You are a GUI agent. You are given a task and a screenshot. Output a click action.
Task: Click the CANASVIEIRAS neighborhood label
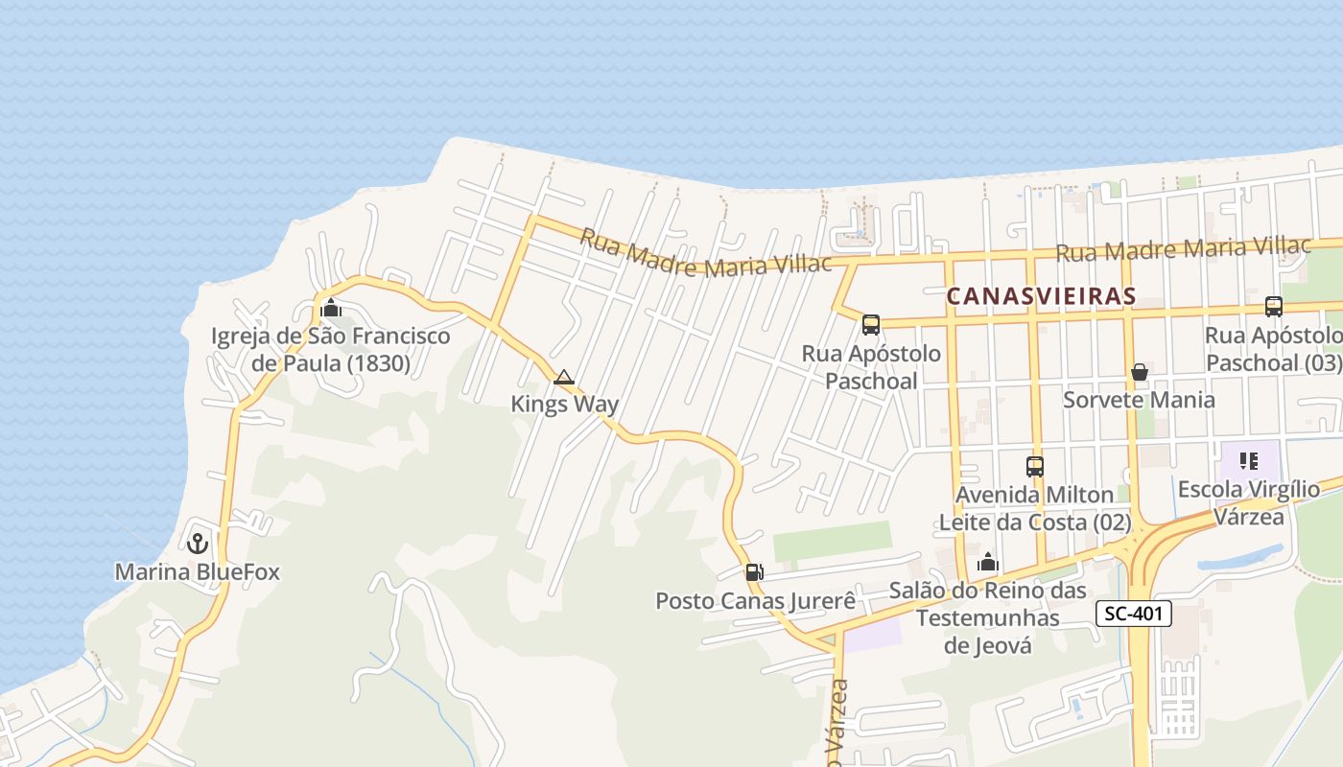(x=1041, y=296)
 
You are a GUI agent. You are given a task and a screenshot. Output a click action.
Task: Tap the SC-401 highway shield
(x=1134, y=614)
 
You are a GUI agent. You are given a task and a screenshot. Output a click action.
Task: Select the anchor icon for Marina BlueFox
(x=198, y=544)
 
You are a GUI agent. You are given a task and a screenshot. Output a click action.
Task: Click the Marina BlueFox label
(x=198, y=572)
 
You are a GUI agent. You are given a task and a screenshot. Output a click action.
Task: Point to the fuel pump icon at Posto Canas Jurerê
(x=754, y=572)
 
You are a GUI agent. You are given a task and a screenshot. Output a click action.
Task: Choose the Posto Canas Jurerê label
(x=755, y=601)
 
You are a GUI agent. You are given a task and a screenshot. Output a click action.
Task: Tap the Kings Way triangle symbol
(x=564, y=378)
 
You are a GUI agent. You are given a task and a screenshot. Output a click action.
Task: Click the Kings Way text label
(x=564, y=405)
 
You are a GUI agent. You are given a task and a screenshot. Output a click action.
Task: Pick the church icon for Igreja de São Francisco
(x=331, y=308)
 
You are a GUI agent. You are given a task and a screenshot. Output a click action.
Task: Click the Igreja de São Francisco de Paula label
(x=330, y=350)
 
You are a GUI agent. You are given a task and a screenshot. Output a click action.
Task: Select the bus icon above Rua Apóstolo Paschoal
(x=871, y=324)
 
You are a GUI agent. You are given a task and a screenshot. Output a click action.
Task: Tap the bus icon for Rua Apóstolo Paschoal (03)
(x=1273, y=307)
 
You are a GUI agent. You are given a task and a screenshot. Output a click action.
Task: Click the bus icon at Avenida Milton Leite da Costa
(x=1035, y=467)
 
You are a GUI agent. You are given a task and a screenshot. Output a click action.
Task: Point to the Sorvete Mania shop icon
(x=1140, y=372)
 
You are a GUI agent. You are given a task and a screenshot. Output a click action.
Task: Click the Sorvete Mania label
(x=1139, y=400)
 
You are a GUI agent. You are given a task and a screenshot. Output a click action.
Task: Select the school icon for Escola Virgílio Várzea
(x=1248, y=461)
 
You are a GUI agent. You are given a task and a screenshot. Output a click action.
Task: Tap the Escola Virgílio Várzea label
(x=1248, y=503)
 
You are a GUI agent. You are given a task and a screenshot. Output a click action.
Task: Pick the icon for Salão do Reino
(x=988, y=563)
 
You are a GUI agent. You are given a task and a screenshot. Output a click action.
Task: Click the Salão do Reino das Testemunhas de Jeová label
(x=987, y=617)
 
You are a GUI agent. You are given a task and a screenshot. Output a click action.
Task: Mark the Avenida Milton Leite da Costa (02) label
(x=1034, y=509)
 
